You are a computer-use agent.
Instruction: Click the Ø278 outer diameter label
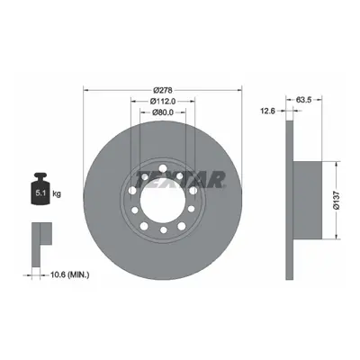(162, 90)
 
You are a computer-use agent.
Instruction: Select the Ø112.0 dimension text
(163, 101)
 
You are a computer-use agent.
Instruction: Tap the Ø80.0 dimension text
(163, 112)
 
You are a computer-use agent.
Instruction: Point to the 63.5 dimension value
(304, 100)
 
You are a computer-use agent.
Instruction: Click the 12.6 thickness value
(268, 111)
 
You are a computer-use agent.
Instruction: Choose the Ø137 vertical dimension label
(337, 201)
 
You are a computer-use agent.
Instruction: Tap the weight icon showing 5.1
(40, 189)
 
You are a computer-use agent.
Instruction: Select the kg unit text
(57, 193)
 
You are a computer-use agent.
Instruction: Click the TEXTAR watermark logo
(180, 179)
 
